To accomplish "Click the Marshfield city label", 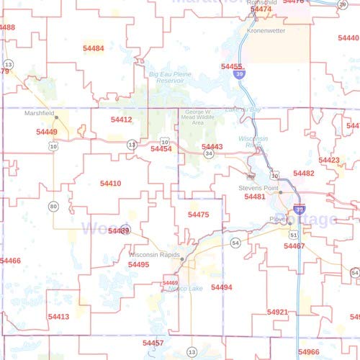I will [x=39, y=114].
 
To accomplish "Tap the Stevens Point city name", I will [x=258, y=187].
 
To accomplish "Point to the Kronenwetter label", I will [x=266, y=31].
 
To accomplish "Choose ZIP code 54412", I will [x=121, y=120].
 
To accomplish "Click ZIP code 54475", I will [x=198, y=215].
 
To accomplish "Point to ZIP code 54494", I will [x=222, y=287].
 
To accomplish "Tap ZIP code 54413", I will [x=58, y=316].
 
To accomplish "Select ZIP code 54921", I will [x=277, y=312].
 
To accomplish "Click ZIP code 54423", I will [x=329, y=160].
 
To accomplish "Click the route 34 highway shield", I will [x=208, y=153].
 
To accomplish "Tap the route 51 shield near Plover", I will [x=293, y=235].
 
